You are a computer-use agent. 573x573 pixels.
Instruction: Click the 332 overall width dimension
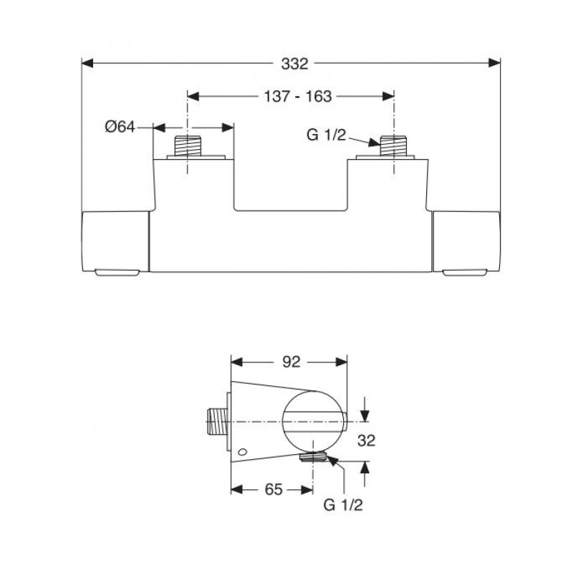point(294,64)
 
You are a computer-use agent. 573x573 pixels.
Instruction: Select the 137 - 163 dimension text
point(298,97)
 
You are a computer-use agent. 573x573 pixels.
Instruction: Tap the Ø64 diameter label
point(120,127)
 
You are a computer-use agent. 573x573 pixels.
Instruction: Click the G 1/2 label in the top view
point(326,135)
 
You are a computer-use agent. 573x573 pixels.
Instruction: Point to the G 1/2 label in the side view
point(343,505)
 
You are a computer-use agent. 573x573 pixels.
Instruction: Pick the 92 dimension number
point(292,362)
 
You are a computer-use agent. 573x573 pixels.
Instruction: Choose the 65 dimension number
point(274,489)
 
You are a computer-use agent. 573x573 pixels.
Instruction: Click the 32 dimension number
point(366,440)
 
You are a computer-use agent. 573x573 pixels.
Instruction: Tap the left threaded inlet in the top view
point(188,146)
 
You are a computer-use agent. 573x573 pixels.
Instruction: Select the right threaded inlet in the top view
point(393,146)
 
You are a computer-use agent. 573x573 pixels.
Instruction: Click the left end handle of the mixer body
point(115,241)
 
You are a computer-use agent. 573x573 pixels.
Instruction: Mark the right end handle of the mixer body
point(466,241)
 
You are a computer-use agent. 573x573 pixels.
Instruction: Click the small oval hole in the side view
point(242,453)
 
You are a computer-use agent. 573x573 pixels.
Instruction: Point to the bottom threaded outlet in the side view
point(313,456)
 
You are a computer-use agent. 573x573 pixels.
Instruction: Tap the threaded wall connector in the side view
point(216,422)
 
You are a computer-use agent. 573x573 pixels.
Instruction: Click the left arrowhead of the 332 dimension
point(87,63)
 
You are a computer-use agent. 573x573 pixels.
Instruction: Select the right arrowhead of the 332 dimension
point(494,63)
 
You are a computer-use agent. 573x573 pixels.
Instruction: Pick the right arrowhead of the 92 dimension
point(341,362)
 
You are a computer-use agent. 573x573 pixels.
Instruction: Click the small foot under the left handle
point(117,272)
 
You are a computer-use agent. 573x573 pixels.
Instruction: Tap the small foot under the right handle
point(464,272)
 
